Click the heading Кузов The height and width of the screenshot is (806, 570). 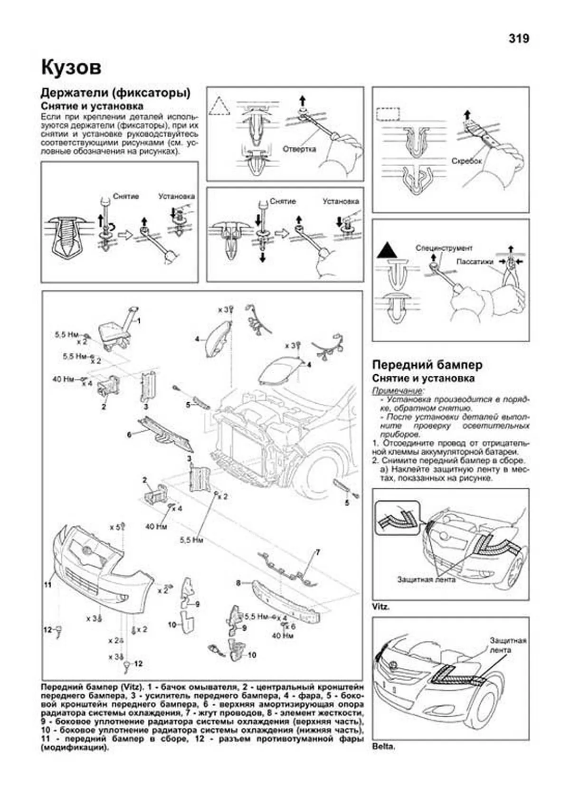(x=71, y=68)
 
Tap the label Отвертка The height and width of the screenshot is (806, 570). (x=299, y=149)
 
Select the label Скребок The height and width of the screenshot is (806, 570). (x=466, y=161)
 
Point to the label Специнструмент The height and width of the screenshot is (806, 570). (x=444, y=248)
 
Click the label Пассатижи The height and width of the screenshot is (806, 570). (x=475, y=262)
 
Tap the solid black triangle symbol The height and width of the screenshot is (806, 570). (x=387, y=250)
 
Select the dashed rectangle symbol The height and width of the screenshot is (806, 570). (x=387, y=114)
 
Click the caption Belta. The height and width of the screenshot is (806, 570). (x=383, y=746)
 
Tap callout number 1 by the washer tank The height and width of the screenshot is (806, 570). (x=139, y=321)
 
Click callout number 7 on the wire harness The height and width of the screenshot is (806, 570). (x=318, y=552)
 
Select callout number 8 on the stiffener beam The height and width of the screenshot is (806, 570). (x=238, y=582)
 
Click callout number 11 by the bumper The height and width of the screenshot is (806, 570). (x=47, y=585)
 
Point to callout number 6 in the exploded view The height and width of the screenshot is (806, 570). (x=129, y=434)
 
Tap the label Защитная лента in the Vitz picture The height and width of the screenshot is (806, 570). (x=426, y=579)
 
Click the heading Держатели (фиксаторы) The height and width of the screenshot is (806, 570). (x=115, y=93)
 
